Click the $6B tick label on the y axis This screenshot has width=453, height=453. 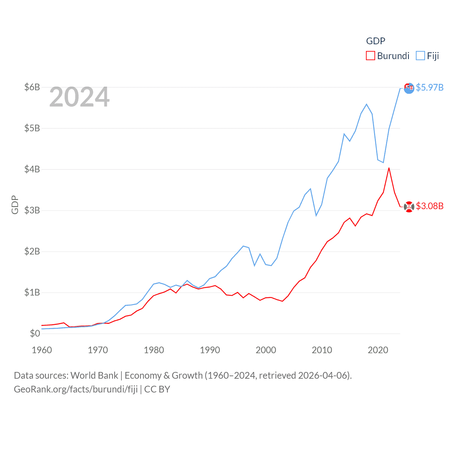32,87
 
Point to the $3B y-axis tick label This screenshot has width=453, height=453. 32,210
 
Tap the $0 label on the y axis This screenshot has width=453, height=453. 35,333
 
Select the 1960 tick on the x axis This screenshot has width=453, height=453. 42,350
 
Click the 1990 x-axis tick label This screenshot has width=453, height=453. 210,350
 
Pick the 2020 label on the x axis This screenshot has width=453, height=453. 378,350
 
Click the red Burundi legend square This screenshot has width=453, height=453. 370,56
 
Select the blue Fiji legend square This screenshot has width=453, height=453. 420,56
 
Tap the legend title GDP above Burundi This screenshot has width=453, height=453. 375,41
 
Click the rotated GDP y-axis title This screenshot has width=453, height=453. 15,205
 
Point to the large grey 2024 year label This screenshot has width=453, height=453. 79,97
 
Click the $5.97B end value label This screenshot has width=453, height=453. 430,87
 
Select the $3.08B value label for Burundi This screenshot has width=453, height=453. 430,206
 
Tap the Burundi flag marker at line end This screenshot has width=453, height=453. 409,207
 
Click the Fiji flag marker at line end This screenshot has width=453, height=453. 409,88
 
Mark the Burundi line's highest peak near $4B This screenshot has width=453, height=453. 389,168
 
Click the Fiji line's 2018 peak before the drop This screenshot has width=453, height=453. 367,104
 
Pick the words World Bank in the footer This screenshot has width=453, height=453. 94,375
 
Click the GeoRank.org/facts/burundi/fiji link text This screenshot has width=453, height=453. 76,389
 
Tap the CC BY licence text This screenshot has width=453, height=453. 157,389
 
